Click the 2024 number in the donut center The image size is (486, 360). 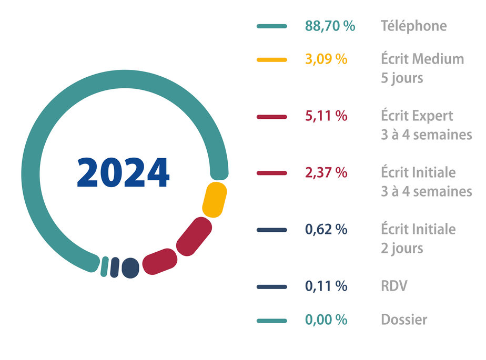click(x=123, y=172)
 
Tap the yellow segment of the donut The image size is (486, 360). click(x=215, y=199)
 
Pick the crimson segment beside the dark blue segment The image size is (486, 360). click(x=159, y=261)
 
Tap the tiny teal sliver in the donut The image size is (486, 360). click(x=105, y=266)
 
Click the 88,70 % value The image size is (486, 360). click(x=330, y=26)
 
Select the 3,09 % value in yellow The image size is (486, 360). click(x=326, y=59)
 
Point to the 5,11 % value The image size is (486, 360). click(x=326, y=116)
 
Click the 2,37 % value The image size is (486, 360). click(x=326, y=172)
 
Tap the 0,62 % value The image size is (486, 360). click(x=326, y=230)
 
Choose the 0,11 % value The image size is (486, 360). click(x=326, y=286)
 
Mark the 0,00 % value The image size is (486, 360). click(x=326, y=319)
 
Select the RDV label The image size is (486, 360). click(x=394, y=286)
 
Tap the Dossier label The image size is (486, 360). click(x=404, y=319)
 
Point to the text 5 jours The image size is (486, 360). click(x=402, y=78)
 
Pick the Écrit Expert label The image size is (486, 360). click(x=417, y=116)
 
